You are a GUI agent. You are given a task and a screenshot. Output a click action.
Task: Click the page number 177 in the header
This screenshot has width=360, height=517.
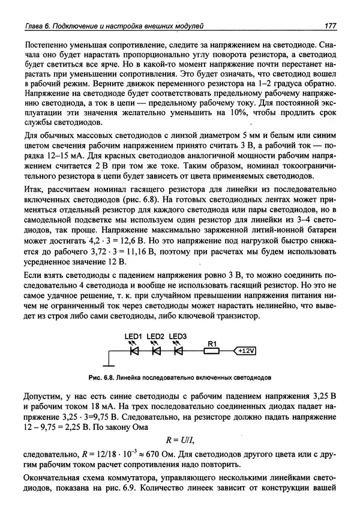(328, 26)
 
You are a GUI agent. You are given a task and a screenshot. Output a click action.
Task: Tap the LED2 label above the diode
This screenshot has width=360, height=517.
(155, 336)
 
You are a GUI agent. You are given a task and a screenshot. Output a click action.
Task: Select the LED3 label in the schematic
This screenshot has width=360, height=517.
(178, 336)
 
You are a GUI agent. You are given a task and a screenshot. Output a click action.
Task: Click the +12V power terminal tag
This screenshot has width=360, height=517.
(244, 350)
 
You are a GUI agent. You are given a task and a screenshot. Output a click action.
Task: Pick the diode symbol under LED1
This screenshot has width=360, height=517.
(134, 350)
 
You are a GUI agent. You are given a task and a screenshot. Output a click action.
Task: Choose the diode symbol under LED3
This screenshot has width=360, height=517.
(178, 350)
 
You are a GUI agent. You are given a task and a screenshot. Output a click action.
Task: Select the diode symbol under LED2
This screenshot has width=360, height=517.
(156, 350)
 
